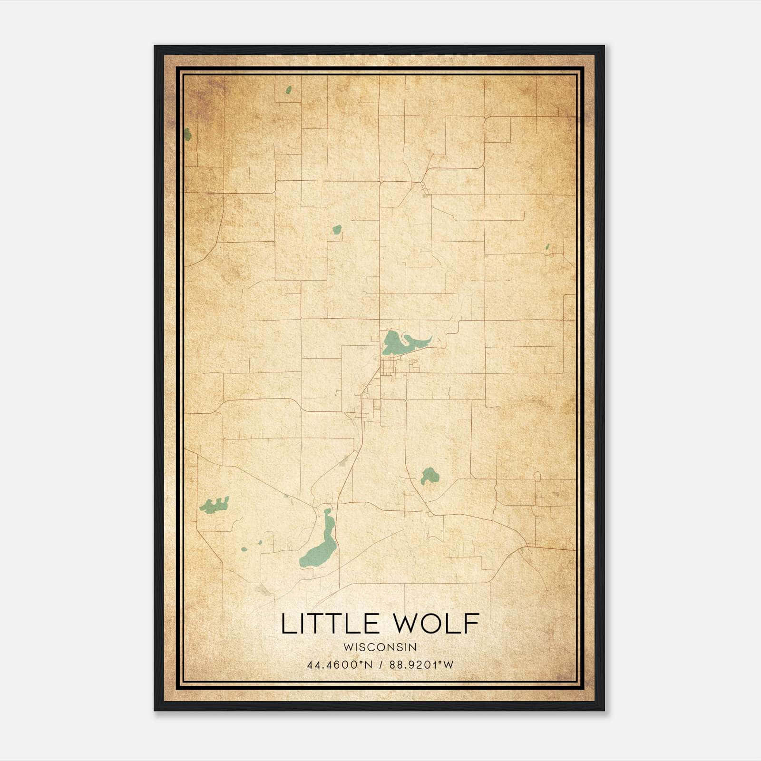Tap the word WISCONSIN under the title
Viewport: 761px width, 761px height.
380,647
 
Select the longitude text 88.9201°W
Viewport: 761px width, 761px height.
422,665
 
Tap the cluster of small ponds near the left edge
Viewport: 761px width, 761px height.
215,505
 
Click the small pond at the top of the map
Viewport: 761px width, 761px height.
288,90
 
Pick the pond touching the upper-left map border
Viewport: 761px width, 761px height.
187,135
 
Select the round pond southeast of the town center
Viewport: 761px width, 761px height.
429,475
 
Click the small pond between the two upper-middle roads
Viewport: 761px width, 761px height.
337,230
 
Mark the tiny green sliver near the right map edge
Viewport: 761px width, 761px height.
547,247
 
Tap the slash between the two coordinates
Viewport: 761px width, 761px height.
381,665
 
